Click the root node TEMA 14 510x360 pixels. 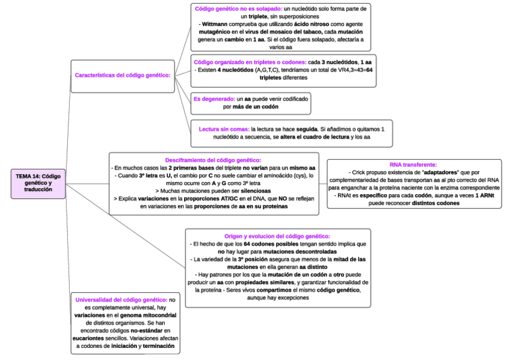coord(38,182)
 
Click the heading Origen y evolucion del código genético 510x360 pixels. coord(277,237)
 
